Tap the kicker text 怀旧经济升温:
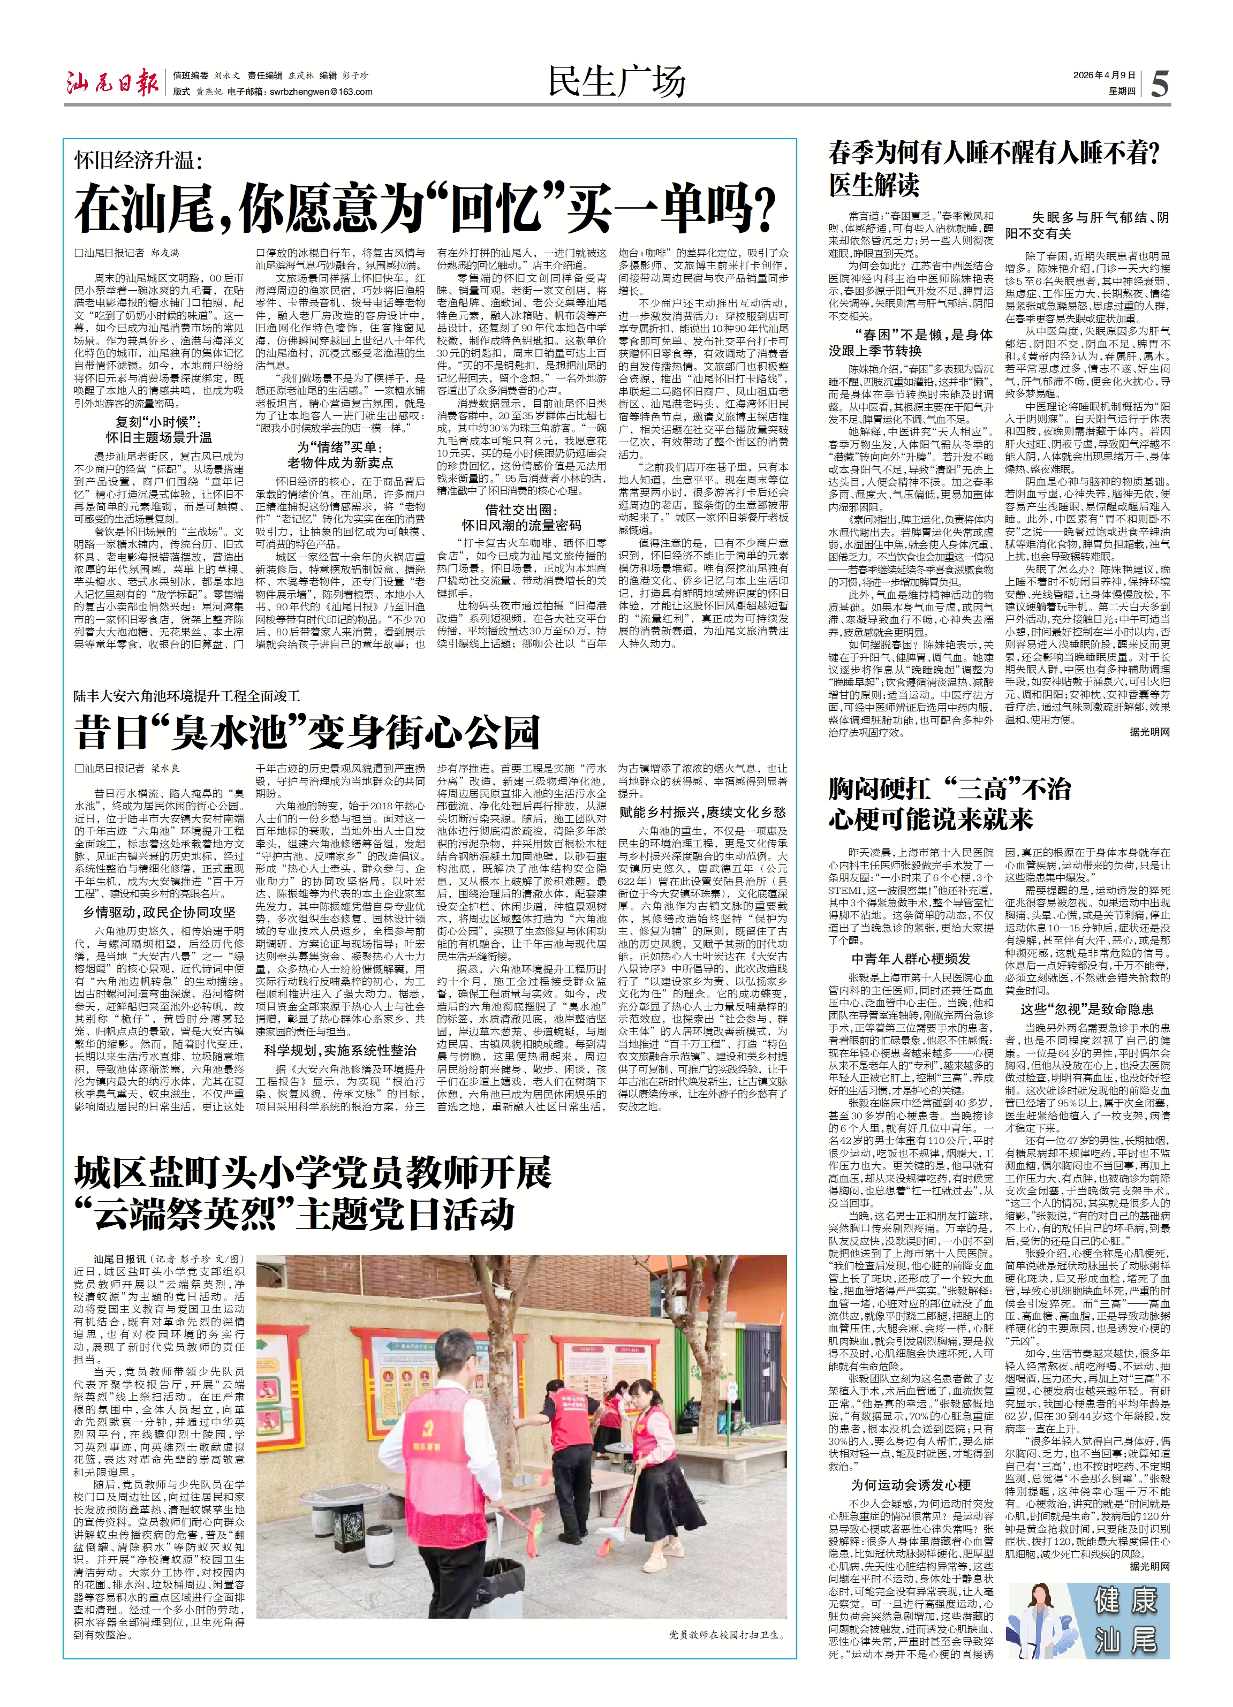[x=139, y=160]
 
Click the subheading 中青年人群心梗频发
[x=911, y=959]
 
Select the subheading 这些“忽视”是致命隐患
[x=1087, y=1010]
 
